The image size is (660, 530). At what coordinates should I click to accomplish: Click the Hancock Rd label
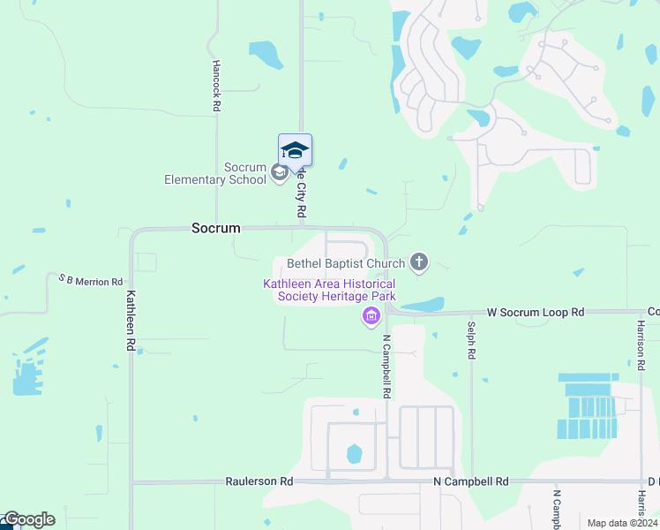point(216,86)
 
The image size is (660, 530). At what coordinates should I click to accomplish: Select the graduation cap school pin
point(295,150)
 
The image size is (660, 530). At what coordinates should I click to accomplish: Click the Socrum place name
point(215,228)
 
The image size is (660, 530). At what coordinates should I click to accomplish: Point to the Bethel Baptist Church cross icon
point(419,261)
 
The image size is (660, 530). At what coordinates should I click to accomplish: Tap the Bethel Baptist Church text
point(346,263)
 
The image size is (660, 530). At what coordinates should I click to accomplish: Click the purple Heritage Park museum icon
point(371,317)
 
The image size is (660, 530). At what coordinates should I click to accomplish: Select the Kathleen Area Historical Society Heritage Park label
point(329,290)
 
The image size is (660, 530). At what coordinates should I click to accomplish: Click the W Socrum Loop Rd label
point(536,313)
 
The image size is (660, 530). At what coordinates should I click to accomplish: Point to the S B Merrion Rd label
point(91,280)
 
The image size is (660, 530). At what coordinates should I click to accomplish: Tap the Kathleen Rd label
point(131,322)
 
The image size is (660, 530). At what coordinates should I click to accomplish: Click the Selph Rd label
point(472,340)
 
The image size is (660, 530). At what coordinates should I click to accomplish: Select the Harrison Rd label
point(640,340)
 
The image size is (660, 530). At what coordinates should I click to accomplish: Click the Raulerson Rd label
point(259,482)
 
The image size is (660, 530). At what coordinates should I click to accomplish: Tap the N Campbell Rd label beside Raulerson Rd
point(470,482)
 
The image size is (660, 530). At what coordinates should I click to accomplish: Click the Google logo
point(28,519)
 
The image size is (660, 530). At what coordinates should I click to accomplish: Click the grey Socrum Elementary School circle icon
point(279,172)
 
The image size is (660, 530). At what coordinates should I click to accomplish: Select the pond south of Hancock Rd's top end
point(265,54)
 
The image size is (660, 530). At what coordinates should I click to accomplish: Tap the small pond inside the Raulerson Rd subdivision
point(354,454)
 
